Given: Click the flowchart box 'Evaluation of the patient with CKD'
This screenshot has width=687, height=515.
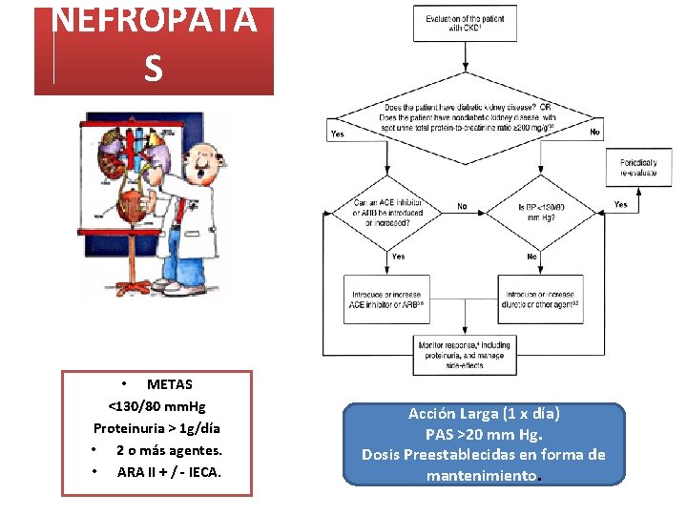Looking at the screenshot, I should pyautogui.click(x=465, y=23).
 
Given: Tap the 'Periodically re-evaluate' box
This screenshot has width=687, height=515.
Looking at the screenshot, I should pyautogui.click(x=637, y=168).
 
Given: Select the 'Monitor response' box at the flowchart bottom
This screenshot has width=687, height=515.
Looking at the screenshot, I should pyautogui.click(x=465, y=354).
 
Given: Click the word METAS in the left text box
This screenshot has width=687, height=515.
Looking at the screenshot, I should pyautogui.click(x=169, y=384).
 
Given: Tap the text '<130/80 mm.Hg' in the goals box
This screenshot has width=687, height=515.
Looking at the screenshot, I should pyautogui.click(x=157, y=406).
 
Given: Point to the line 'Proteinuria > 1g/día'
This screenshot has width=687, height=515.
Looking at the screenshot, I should pyautogui.click(x=157, y=428).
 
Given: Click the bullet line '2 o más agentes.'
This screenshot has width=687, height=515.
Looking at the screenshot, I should pyautogui.click(x=169, y=450).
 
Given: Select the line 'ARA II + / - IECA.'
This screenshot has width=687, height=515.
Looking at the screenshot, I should pyautogui.click(x=169, y=471).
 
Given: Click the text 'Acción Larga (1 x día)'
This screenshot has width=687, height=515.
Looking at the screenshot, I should pyautogui.click(x=484, y=414).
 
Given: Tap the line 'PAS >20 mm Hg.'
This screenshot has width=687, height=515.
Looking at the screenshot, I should pyautogui.click(x=484, y=434).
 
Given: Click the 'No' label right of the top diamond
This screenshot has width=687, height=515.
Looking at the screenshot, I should pyautogui.click(x=595, y=132).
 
